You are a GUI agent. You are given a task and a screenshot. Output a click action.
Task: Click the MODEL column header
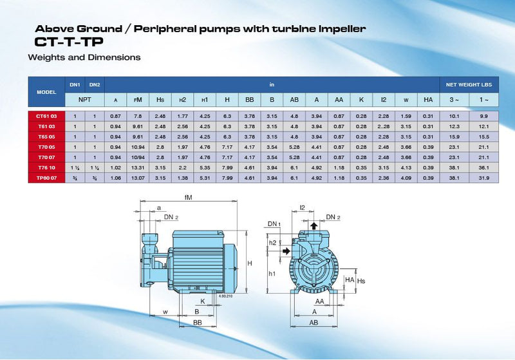[46, 91]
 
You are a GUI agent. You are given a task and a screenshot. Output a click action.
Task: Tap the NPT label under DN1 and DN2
[84, 100]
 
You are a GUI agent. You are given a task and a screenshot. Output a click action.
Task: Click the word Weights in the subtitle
[47, 57]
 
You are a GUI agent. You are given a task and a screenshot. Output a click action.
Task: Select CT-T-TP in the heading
[68, 42]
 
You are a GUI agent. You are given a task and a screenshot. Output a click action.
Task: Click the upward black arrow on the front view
[313, 226]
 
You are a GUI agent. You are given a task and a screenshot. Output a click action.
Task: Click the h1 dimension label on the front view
[272, 273]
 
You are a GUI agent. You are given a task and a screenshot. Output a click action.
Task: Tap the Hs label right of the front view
[361, 281]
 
